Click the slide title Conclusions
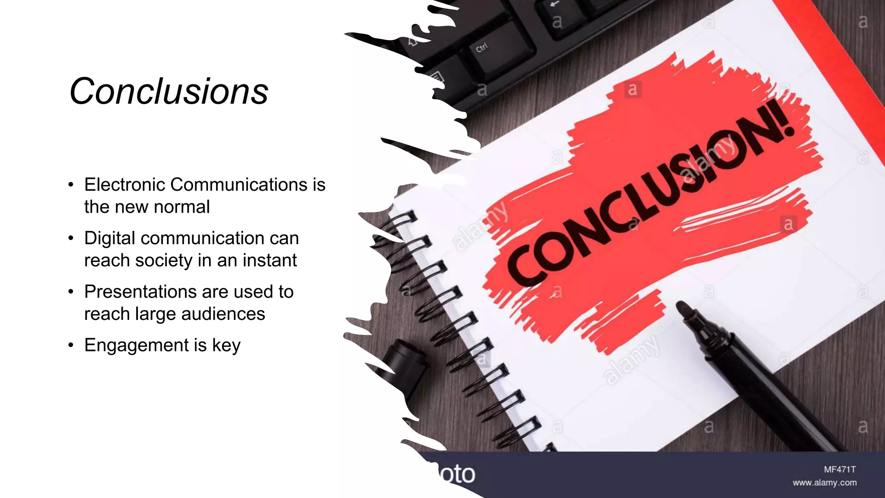[169, 91]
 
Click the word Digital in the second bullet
[110, 239]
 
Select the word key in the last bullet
[226, 345]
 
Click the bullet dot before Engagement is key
[71, 345]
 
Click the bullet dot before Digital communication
[71, 238]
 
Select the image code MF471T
[840, 469]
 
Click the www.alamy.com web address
[825, 483]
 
